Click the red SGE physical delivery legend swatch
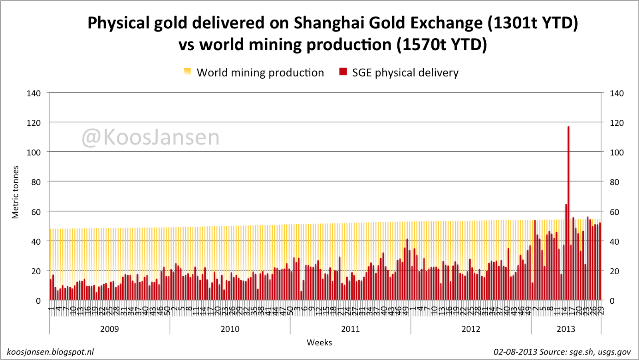[343, 72]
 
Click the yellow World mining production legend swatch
[187, 72]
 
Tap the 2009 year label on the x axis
[109, 329]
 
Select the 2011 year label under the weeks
[350, 329]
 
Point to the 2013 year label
[566, 329]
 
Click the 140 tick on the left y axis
[34, 93]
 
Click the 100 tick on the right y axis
[617, 152]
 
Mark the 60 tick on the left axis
[36, 212]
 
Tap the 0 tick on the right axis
[612, 301]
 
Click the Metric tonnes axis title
[16, 192]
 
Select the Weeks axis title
[319, 342]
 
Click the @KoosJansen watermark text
[151, 137]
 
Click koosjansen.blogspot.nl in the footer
[50, 352]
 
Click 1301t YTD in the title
[532, 23]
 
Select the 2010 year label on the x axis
[230, 329]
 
